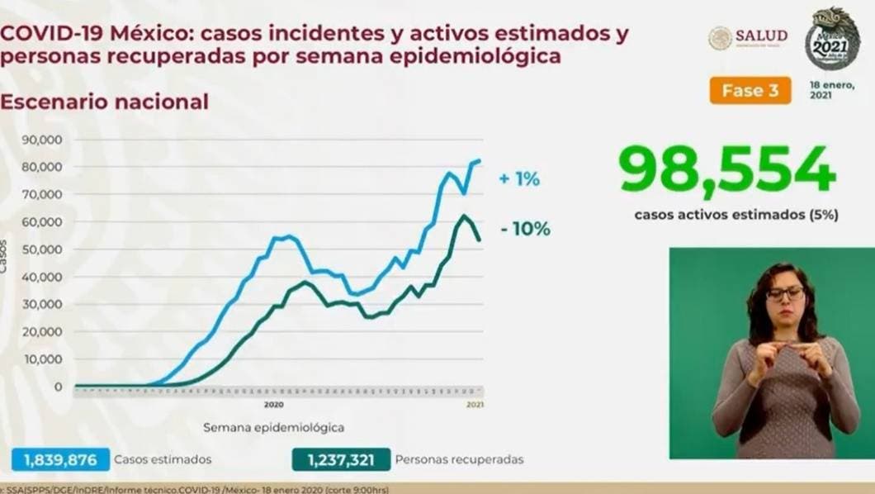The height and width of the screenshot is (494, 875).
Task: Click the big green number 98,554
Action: (x=728, y=171)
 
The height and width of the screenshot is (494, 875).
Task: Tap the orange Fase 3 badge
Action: (x=750, y=91)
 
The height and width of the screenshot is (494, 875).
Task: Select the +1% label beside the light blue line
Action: (x=518, y=178)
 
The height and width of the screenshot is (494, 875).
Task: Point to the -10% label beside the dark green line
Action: (x=525, y=230)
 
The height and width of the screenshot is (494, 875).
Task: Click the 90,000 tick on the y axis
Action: (x=45, y=140)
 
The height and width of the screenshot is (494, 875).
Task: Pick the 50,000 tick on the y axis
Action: (x=45, y=249)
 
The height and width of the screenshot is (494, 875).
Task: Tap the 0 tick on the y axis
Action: (x=59, y=387)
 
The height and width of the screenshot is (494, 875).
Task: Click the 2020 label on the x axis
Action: (x=274, y=405)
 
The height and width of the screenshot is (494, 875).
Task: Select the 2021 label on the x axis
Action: (x=475, y=405)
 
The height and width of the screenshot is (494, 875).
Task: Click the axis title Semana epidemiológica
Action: (x=273, y=428)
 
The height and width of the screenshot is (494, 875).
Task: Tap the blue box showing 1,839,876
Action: (x=60, y=459)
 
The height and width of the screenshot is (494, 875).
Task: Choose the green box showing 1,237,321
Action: (x=340, y=459)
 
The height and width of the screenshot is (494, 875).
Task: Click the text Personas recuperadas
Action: (x=459, y=459)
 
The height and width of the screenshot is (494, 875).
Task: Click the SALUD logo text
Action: (x=760, y=36)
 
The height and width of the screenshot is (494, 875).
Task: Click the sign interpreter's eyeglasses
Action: (x=784, y=293)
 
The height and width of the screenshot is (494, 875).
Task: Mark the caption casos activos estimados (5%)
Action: (x=736, y=214)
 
